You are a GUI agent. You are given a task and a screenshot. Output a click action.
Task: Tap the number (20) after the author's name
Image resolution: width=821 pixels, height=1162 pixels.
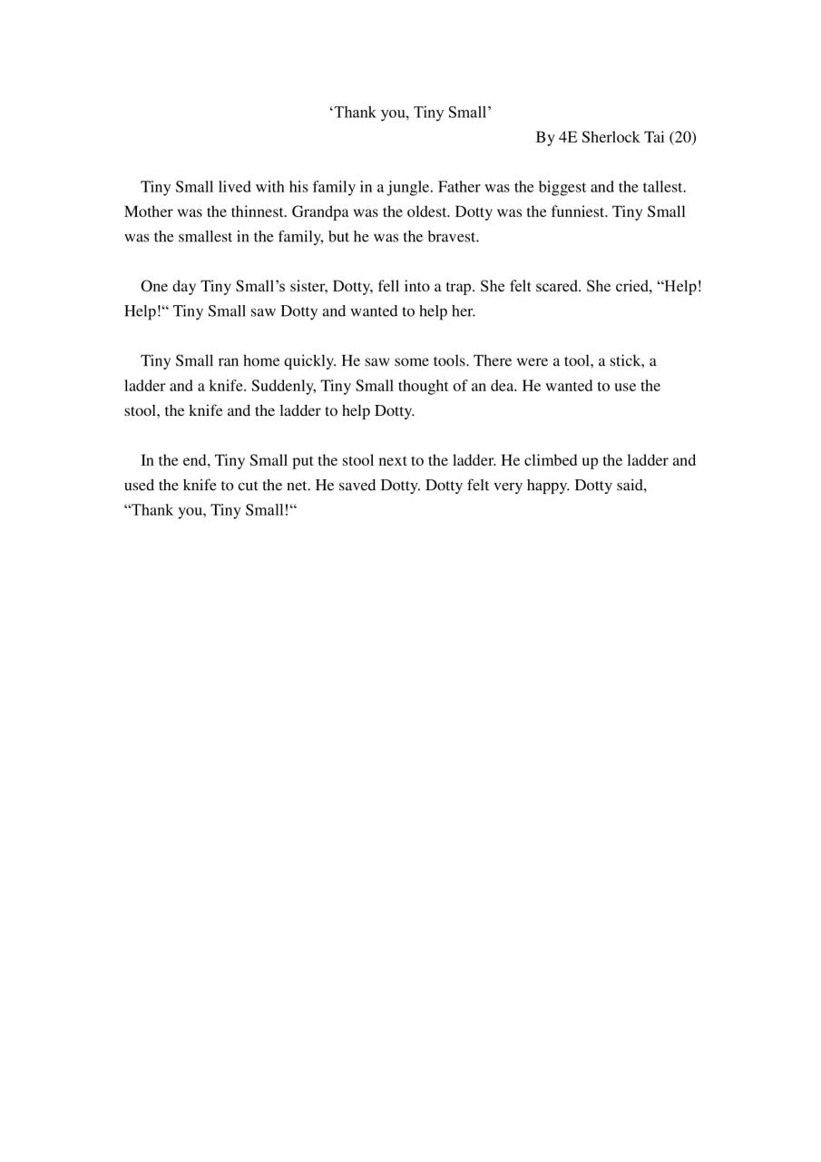point(683,137)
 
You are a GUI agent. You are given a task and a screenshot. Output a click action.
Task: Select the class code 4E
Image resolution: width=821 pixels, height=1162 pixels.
point(568,137)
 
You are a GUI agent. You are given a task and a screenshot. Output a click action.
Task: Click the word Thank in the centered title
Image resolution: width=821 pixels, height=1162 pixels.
point(358,113)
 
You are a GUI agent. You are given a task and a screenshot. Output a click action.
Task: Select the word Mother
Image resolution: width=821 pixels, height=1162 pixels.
point(148,212)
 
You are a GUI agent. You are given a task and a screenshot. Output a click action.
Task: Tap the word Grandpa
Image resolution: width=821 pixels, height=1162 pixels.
point(320,212)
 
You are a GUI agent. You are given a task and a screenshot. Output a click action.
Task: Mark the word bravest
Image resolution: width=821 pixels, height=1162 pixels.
point(453,237)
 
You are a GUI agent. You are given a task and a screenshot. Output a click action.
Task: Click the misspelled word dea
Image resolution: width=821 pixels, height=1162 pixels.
point(504,386)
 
